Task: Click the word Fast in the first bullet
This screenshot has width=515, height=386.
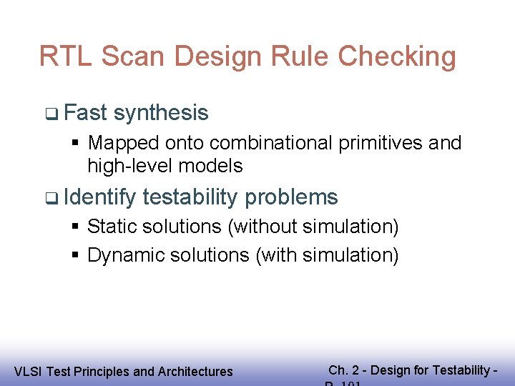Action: (85, 113)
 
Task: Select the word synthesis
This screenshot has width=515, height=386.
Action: (161, 113)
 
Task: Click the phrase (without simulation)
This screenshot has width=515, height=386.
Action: (313, 227)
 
